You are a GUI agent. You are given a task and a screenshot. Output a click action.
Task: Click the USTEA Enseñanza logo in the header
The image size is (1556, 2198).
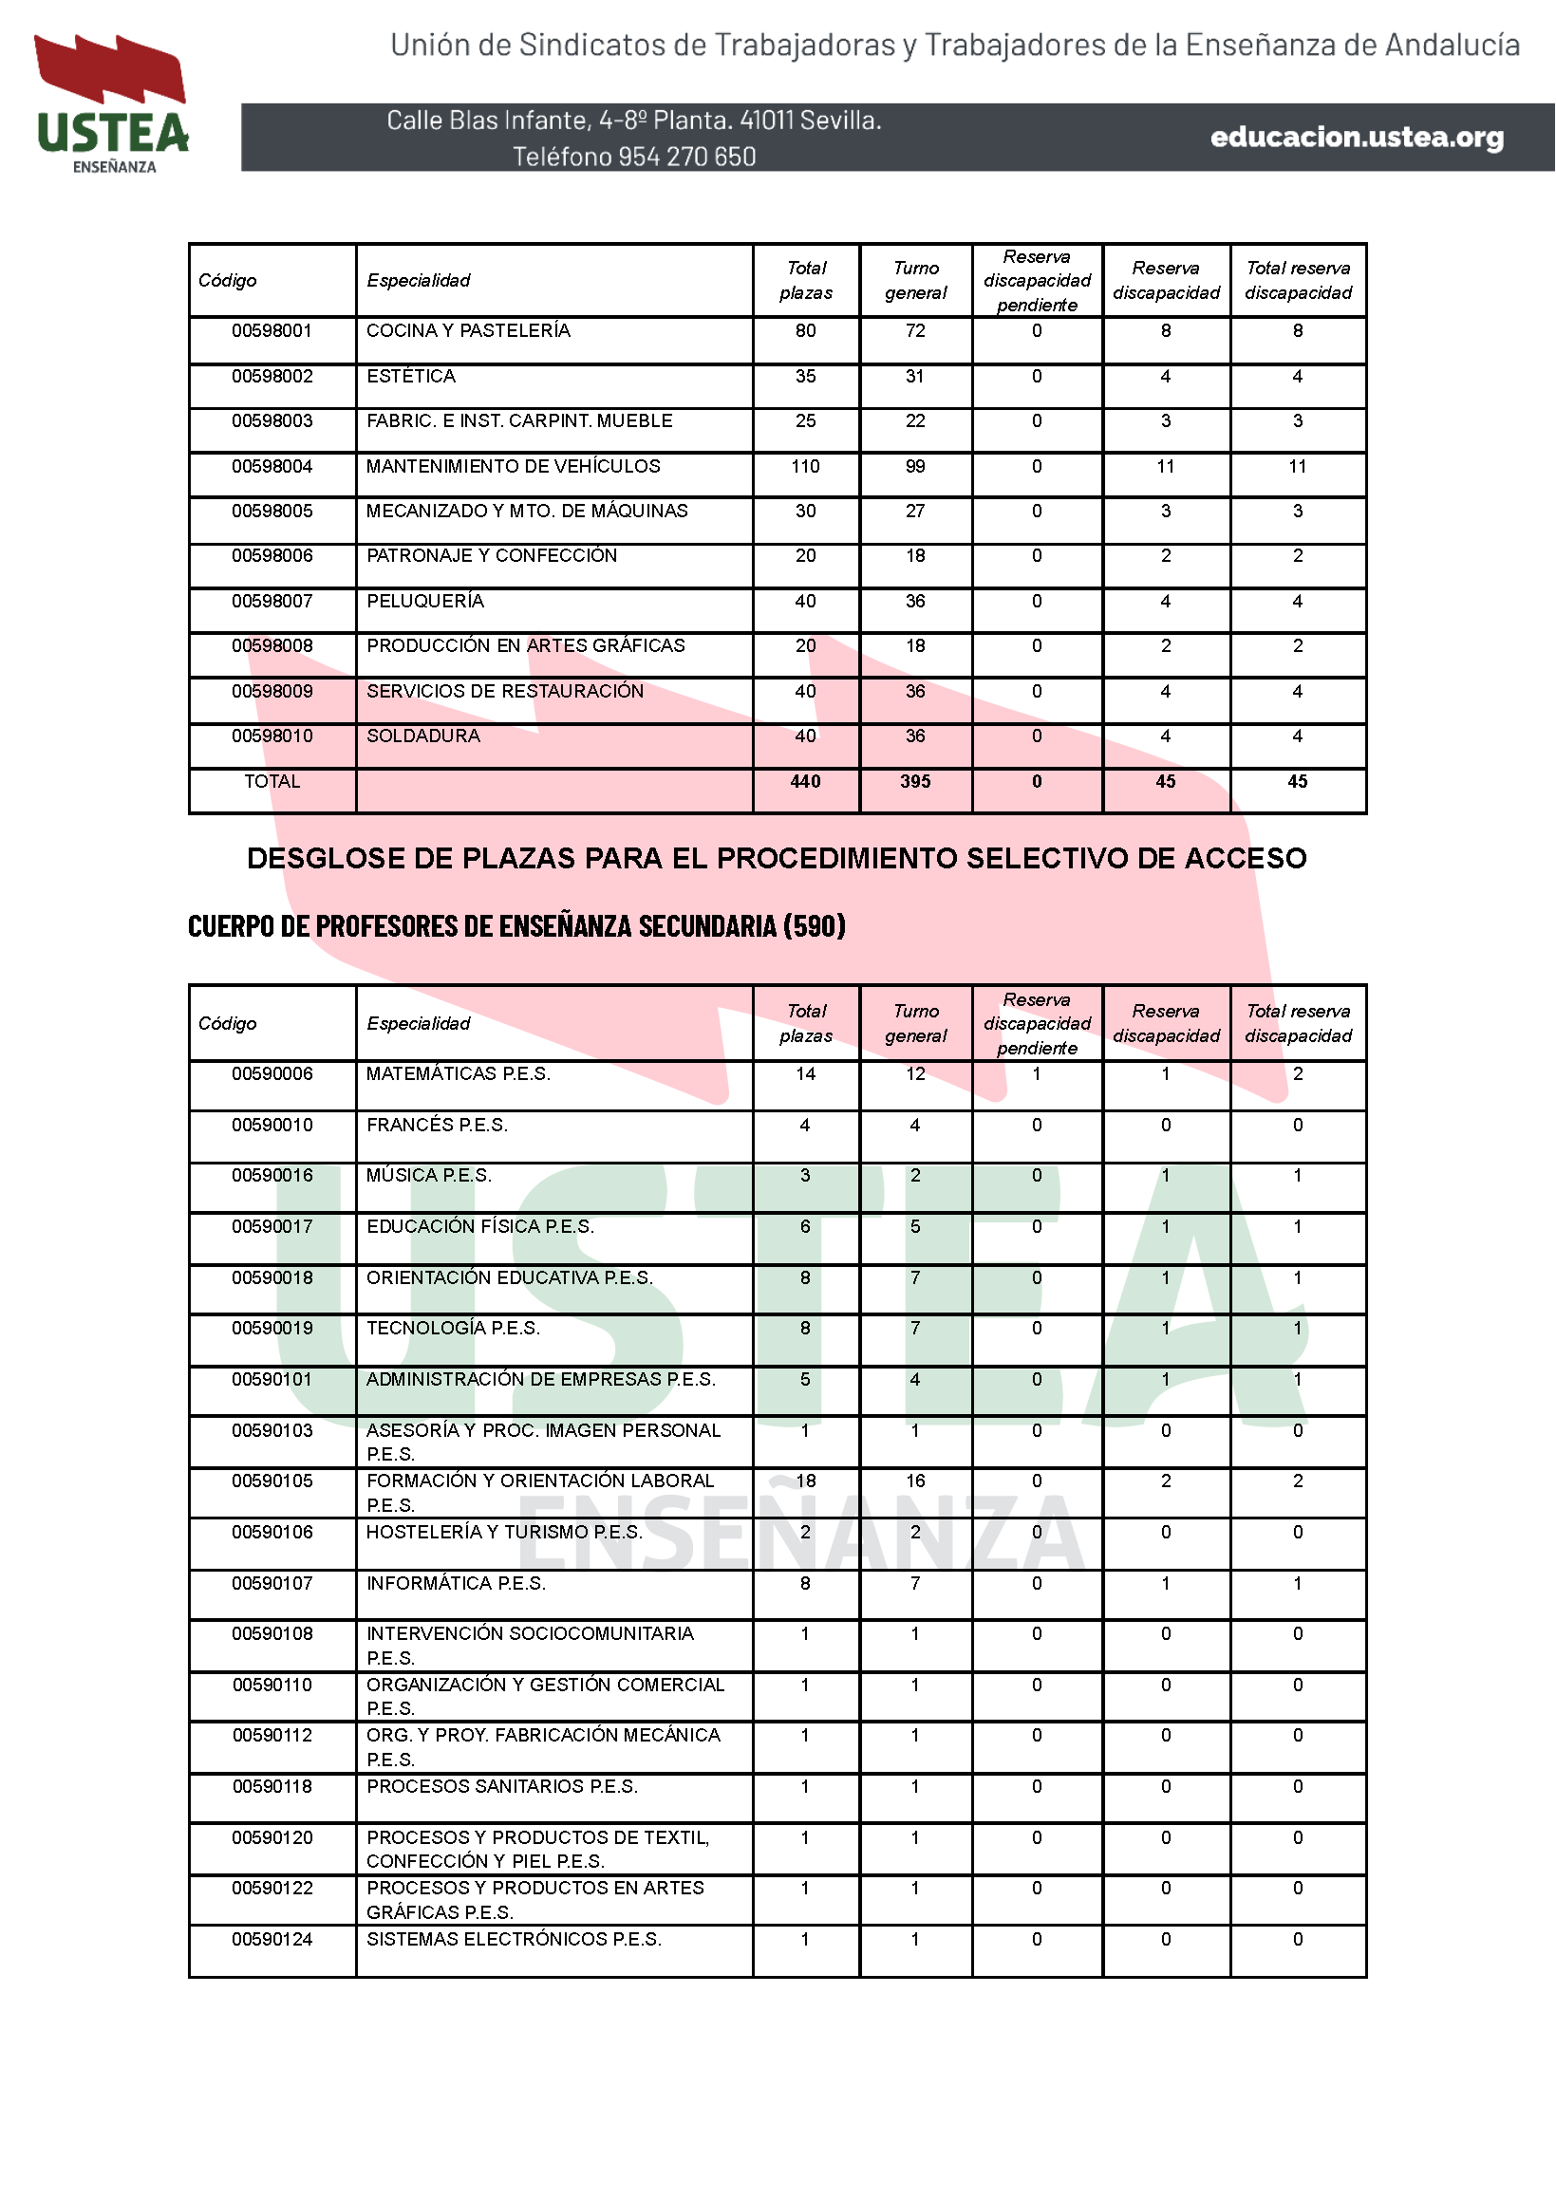coord(112,103)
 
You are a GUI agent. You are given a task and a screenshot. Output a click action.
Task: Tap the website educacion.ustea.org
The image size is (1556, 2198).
coord(1356,137)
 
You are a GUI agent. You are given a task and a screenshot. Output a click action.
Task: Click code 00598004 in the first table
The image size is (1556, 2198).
coord(272,466)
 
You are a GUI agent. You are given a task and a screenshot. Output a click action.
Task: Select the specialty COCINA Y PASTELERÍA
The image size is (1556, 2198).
coord(468,330)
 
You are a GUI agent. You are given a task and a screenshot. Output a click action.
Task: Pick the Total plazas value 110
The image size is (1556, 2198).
coord(805,466)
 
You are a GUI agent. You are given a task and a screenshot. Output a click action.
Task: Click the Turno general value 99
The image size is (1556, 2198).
coord(915,466)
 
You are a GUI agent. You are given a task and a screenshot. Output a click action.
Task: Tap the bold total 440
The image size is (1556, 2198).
coord(805,781)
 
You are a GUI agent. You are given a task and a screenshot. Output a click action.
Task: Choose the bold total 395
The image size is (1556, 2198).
coord(915,781)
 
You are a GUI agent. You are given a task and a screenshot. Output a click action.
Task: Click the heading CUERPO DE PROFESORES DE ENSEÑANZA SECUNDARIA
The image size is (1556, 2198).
coord(516,926)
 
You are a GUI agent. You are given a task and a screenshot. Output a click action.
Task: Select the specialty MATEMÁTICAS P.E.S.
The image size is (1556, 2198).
coord(458,1073)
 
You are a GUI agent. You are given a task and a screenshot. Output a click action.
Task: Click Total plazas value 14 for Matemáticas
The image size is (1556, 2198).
coord(805,1073)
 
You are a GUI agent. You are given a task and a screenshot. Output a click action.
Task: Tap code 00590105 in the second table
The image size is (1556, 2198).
coord(272,1481)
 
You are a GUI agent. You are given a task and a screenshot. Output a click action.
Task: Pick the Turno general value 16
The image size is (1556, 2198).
coord(915,1481)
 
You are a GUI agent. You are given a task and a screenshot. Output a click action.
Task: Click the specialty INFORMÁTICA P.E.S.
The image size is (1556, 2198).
coord(455,1583)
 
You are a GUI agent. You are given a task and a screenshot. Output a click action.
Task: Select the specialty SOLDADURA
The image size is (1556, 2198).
coord(422,736)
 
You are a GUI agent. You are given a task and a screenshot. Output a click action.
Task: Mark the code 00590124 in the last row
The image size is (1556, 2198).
coord(272,1939)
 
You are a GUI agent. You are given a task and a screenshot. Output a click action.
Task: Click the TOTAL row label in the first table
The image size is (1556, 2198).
coord(272,781)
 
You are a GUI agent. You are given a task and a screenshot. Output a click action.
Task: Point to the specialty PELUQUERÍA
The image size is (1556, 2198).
coord(424,601)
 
